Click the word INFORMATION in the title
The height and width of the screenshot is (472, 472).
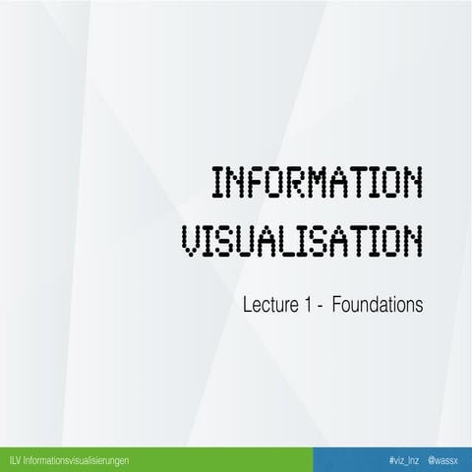click(x=317, y=184)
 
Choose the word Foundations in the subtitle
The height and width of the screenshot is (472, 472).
click(x=379, y=306)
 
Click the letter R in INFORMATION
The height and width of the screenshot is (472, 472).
click(x=296, y=184)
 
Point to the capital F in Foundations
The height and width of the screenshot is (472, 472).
click(x=338, y=306)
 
